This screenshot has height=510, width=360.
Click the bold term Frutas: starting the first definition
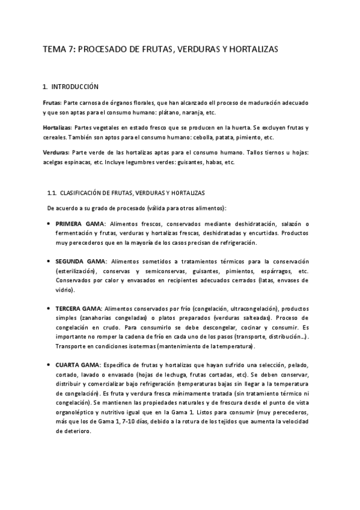[x=52, y=103]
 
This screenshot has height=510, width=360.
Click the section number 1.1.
[x=52, y=193]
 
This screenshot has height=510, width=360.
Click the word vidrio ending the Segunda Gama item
[x=65, y=290]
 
